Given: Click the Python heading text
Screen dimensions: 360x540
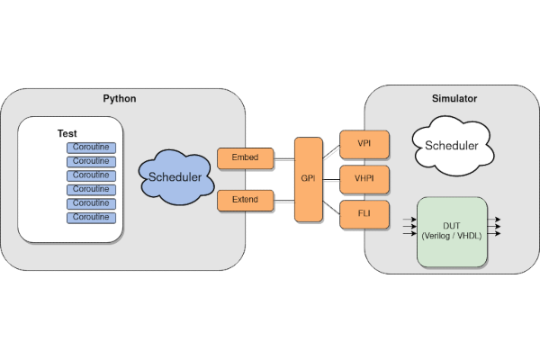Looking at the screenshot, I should click(119, 97).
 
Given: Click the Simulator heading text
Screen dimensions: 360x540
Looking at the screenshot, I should click(455, 97).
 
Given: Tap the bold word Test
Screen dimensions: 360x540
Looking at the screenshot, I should click(67, 133).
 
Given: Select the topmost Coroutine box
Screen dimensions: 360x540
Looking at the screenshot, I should click(91, 147).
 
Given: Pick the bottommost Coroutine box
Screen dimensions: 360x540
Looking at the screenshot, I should click(91, 217).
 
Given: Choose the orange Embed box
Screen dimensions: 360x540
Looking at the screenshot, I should click(244, 158).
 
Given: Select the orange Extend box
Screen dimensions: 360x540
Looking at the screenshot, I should click(244, 199).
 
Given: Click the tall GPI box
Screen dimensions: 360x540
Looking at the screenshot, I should click(308, 179).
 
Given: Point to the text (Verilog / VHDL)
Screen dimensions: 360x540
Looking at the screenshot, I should click(452, 236).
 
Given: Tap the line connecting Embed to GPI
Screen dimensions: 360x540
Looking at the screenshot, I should click(283, 160).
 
